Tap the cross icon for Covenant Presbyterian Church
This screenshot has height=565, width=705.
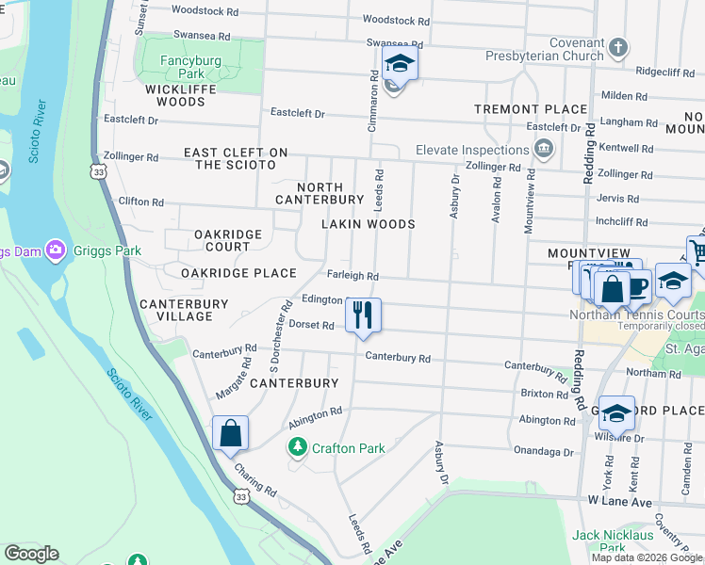click(x=617, y=47)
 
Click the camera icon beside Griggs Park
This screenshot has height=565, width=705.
click(x=56, y=250)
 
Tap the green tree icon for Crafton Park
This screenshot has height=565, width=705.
click(x=298, y=447)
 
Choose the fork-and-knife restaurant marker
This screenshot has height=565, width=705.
click(x=363, y=314)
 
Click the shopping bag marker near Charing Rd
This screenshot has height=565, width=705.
click(x=230, y=434)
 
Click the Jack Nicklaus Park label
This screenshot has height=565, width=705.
click(x=612, y=541)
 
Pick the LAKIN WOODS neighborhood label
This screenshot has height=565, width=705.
click(x=368, y=224)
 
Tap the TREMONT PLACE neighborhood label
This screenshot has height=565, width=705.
click(x=531, y=109)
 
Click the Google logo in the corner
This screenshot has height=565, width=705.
click(x=31, y=554)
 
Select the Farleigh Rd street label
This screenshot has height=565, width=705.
click(x=352, y=277)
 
